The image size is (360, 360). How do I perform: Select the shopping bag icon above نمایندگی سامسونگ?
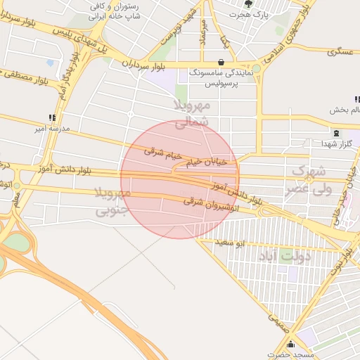(222, 62)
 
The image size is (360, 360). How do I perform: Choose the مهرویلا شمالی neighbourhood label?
(191, 113)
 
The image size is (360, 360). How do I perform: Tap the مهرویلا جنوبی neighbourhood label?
(112, 201)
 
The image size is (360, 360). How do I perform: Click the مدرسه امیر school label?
(50, 129)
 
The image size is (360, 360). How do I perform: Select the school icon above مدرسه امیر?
(51, 117)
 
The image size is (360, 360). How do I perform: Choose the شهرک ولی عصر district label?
(307, 180)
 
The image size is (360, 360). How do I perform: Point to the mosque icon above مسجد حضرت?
(271, 345)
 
